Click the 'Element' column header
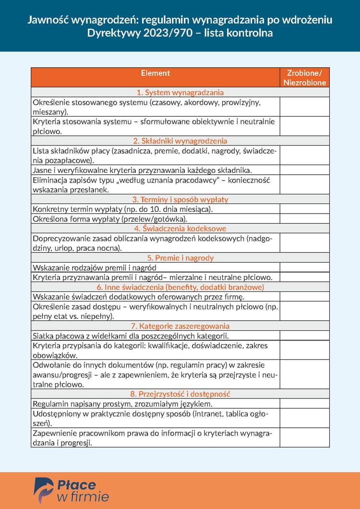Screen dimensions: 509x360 156,73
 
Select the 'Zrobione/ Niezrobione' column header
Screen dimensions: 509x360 305,77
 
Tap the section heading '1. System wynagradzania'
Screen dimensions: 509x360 180,92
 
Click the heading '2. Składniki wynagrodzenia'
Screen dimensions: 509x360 180,141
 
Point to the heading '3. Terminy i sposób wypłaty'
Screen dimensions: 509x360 180,199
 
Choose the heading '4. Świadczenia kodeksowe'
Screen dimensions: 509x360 180,229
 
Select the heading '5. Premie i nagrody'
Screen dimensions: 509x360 180,258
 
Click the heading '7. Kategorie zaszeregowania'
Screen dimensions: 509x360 180,326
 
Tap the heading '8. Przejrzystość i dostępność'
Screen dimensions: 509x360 180,394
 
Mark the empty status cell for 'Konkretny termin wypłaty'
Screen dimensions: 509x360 305,209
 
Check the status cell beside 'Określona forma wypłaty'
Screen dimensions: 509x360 305,219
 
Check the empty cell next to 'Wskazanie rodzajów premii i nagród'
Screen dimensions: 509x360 305,267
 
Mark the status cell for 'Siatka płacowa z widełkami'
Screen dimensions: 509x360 305,336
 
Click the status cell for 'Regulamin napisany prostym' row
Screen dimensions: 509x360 305,404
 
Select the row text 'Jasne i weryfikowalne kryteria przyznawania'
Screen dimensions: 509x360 142,170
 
